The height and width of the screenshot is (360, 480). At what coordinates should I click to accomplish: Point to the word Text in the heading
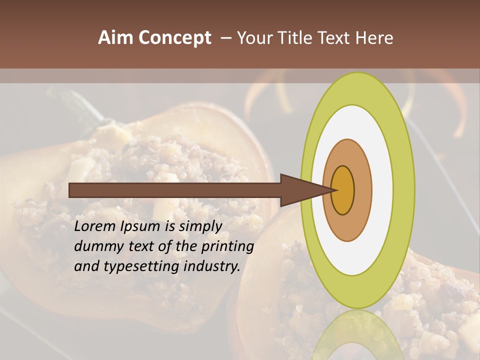[332, 38]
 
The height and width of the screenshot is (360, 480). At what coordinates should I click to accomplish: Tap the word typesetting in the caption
[138, 267]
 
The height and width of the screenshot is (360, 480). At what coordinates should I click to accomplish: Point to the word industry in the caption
[212, 267]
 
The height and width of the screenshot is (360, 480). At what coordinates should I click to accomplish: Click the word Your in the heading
[253, 38]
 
